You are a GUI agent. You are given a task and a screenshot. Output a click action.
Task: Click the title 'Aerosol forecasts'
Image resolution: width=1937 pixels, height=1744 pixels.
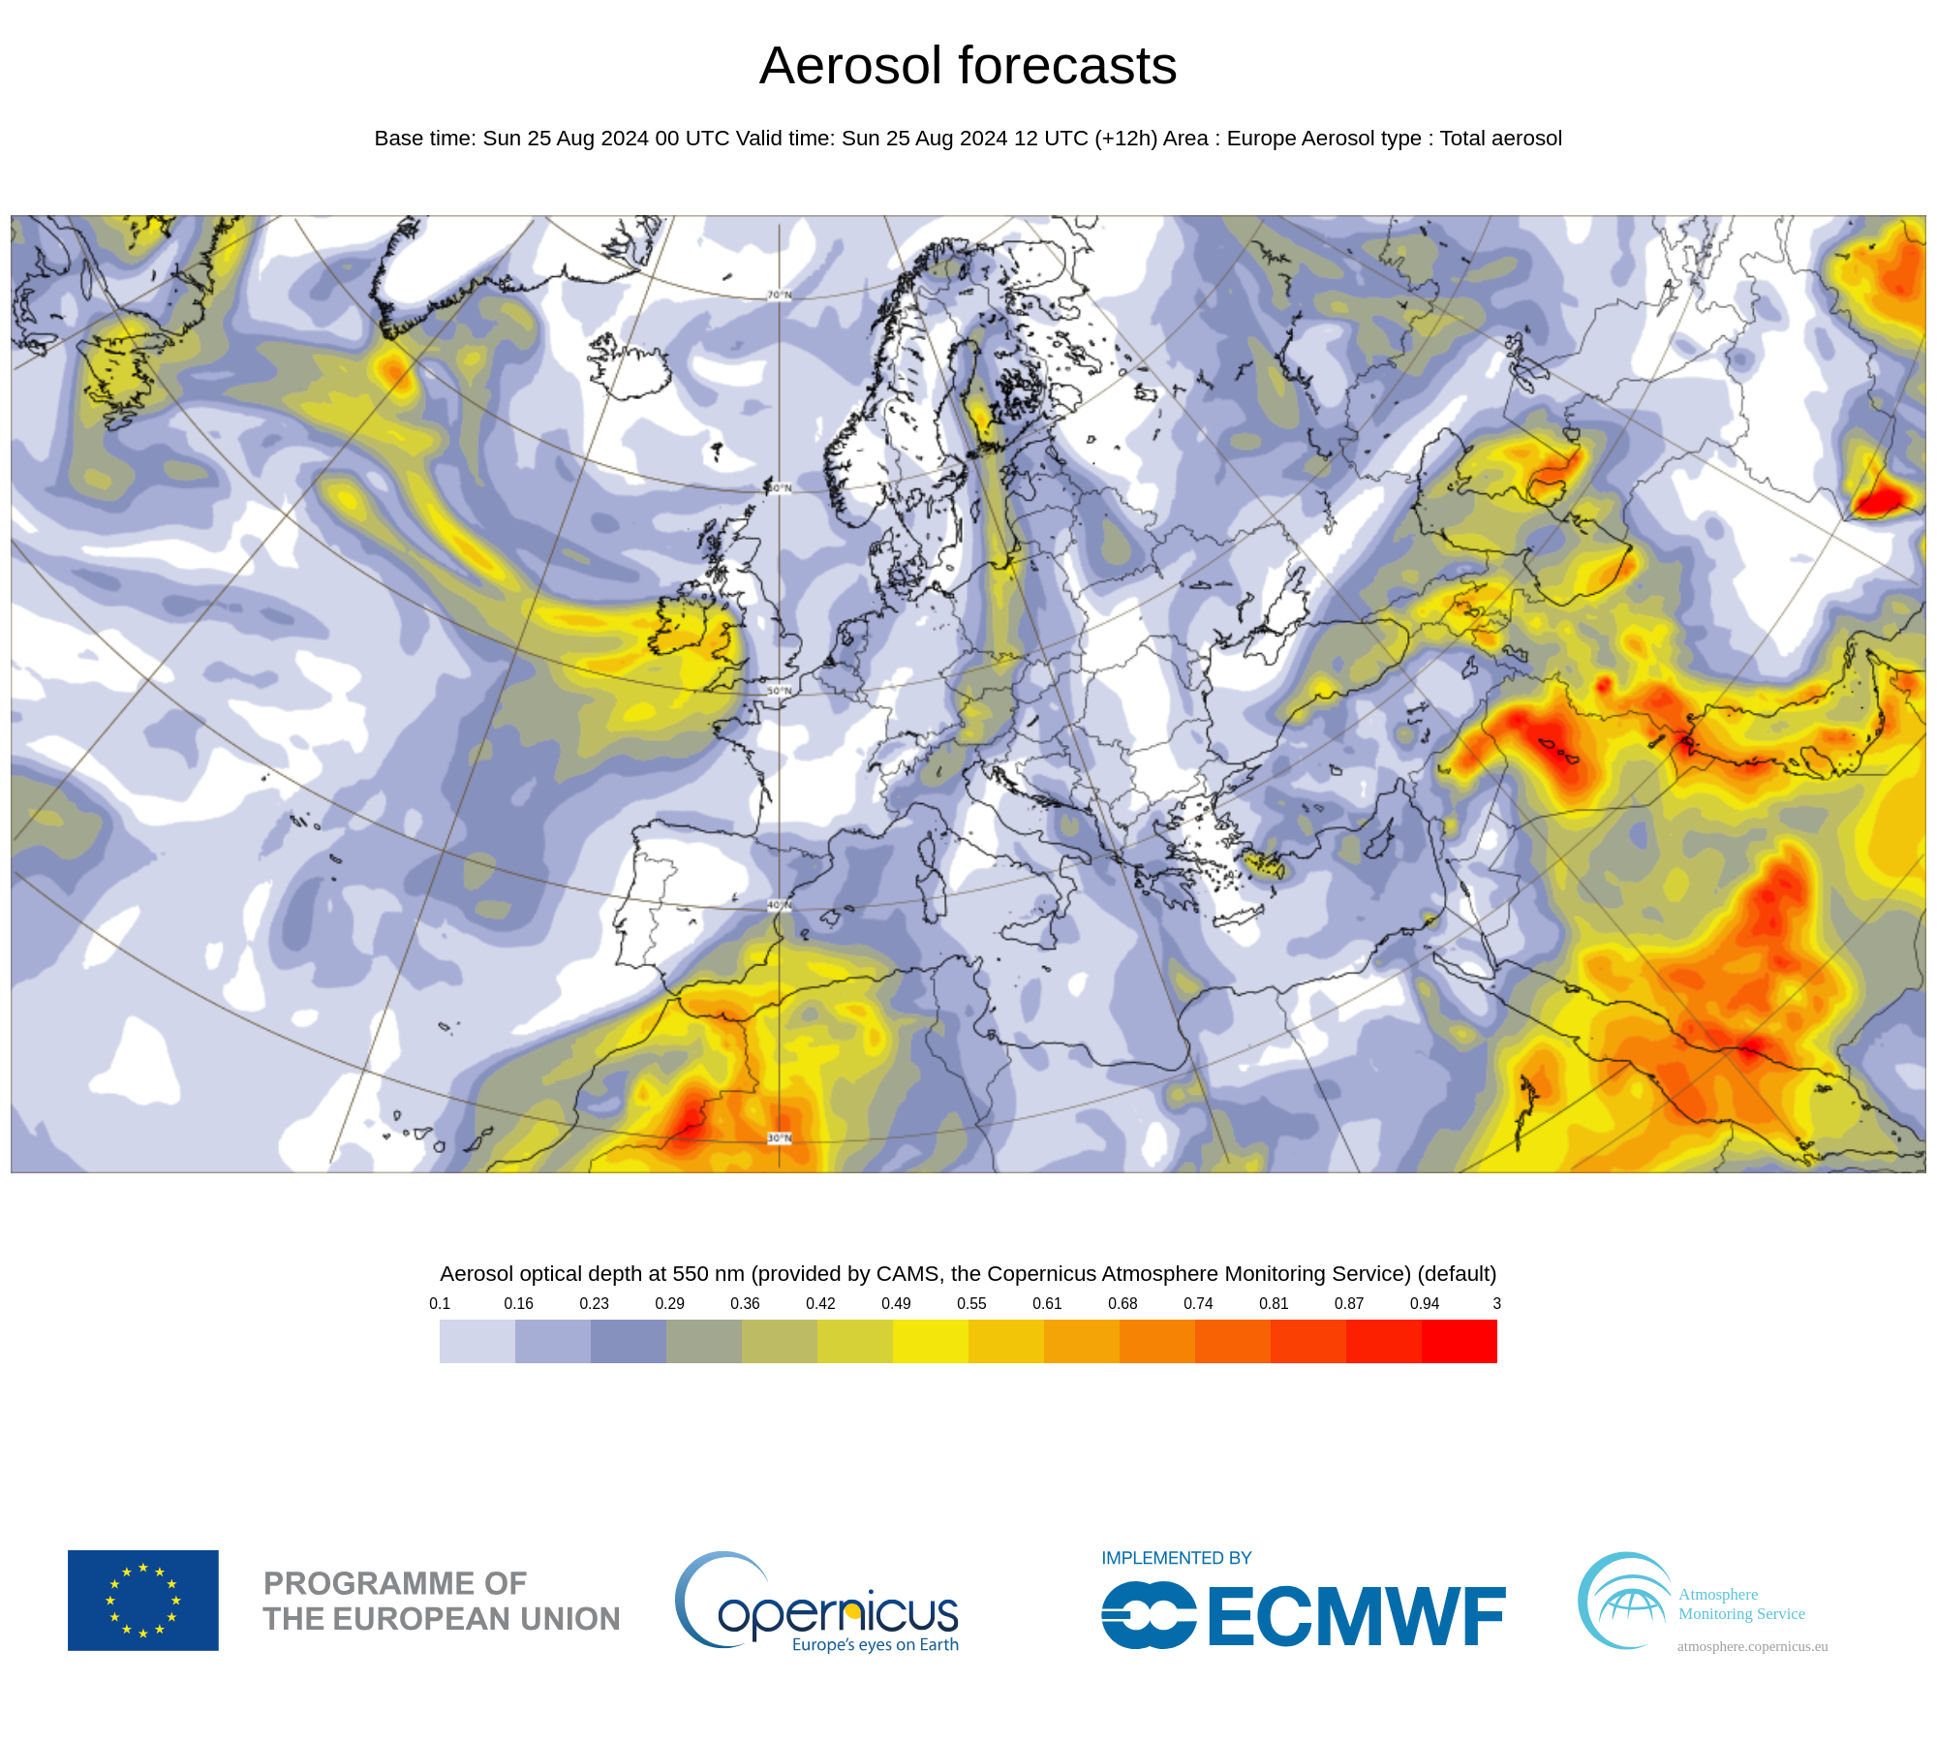point(968,66)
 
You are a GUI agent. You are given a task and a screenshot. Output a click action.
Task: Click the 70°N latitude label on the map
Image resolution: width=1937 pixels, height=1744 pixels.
point(780,295)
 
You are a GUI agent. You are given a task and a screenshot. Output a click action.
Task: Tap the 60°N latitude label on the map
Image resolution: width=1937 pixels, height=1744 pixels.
point(781,488)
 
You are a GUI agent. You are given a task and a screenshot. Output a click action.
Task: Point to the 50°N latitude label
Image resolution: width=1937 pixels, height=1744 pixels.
point(780,691)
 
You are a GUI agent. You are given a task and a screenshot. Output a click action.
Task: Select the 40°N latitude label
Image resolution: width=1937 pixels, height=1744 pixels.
point(780,905)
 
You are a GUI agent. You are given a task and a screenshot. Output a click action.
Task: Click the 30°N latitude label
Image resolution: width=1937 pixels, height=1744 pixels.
point(780,1137)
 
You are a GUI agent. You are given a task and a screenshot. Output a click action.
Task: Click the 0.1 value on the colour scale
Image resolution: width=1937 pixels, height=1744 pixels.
point(440,1303)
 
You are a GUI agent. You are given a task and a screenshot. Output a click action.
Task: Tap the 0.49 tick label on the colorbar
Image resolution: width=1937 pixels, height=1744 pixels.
point(896,1303)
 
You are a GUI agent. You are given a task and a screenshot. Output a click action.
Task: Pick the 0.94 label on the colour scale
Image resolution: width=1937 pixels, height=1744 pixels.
point(1425,1303)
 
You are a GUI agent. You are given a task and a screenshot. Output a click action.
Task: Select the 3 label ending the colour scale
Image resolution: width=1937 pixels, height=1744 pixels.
point(1496,1303)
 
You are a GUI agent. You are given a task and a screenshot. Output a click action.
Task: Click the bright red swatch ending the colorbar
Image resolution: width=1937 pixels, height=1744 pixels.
point(1459,1341)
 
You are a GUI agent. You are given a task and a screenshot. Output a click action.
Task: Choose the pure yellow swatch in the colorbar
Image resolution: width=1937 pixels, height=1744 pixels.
point(930,1341)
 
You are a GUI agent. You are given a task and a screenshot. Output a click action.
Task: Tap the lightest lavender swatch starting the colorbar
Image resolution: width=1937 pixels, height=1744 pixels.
point(477,1341)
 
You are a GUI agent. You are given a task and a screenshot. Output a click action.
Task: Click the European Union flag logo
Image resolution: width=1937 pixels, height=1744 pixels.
point(143,1600)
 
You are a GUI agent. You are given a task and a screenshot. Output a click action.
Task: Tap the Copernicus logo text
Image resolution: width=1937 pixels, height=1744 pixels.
point(837,1613)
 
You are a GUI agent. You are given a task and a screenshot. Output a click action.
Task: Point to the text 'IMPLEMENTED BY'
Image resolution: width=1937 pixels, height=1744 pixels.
point(1176,1558)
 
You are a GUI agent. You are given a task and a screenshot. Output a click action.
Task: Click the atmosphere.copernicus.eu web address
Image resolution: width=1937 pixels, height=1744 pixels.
point(1752,1646)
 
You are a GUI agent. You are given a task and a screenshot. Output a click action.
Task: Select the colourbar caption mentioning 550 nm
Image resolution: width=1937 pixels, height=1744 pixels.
point(968,1273)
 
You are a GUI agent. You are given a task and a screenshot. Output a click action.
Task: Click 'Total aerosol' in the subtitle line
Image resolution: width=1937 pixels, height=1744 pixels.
point(1500,139)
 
